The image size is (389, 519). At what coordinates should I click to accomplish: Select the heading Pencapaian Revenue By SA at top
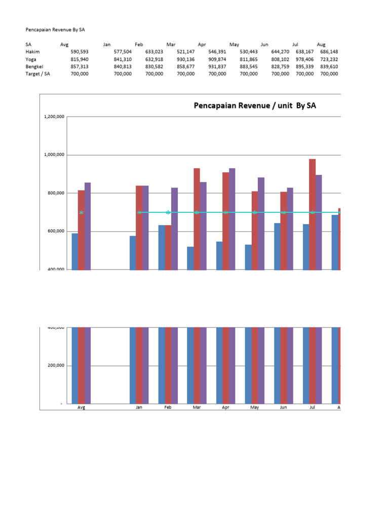(x=55, y=30)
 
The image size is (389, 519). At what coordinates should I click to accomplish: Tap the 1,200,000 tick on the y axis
(x=54, y=117)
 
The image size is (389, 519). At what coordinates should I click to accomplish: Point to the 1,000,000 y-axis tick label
(x=54, y=155)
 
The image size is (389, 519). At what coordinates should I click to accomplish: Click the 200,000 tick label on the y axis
(x=56, y=365)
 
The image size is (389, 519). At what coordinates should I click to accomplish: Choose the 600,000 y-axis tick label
(x=56, y=231)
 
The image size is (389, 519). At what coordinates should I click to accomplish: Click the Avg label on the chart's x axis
(x=81, y=407)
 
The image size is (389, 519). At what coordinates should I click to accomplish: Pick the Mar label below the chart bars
(x=197, y=407)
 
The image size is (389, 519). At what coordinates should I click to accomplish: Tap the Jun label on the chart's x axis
(x=283, y=407)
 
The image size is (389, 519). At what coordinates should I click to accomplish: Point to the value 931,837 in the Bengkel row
(x=217, y=66)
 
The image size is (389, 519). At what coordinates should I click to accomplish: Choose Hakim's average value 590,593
(x=78, y=52)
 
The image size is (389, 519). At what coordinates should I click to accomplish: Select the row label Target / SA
(x=37, y=74)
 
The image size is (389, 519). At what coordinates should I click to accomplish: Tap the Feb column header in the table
(x=139, y=45)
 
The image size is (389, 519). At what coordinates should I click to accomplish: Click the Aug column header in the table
(x=321, y=45)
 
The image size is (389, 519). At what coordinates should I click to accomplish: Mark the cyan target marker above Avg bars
(x=81, y=212)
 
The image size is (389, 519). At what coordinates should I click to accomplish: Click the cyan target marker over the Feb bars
(x=168, y=212)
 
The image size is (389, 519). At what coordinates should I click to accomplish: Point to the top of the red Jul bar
(x=312, y=160)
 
